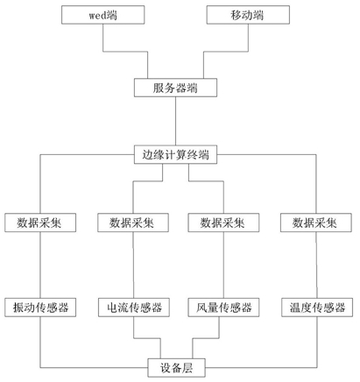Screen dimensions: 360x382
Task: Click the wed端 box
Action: click(102, 15)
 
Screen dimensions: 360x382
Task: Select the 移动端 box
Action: click(248, 15)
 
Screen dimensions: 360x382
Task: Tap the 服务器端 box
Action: click(175, 88)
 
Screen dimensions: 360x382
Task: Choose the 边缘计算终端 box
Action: click(175, 154)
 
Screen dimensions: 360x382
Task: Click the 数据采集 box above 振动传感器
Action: click(40, 223)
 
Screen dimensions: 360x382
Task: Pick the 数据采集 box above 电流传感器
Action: click(133, 223)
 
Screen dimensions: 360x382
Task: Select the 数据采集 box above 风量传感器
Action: click(223, 223)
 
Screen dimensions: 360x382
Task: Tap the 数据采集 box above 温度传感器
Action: click(316, 223)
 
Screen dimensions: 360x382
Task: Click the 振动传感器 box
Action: click(40, 308)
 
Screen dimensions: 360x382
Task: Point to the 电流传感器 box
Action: click(134, 308)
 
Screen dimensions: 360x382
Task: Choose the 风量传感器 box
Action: click(223, 308)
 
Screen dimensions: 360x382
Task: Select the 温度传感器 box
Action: click(317, 308)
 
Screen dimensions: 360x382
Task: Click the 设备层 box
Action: click(176, 368)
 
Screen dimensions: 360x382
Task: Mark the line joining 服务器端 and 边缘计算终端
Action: click(175, 121)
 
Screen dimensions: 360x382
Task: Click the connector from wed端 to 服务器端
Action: click(125, 52)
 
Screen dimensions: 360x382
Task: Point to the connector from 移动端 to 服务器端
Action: click(226, 52)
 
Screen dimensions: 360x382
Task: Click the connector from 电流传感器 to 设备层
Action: click(147, 338)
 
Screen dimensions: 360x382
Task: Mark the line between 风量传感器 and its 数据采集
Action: click(223, 265)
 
